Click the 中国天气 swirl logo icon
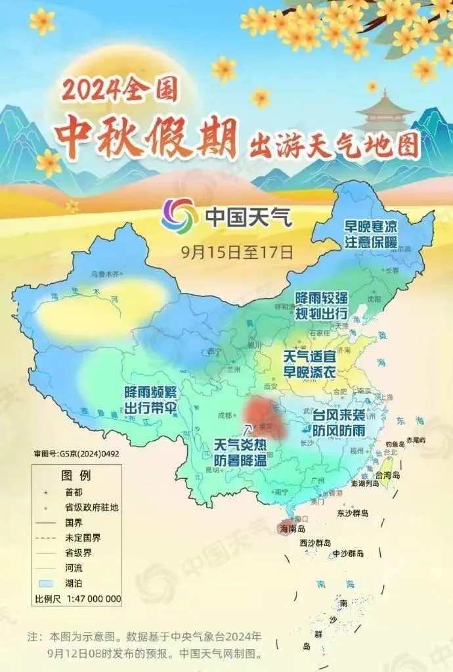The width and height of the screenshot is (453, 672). (x=179, y=215)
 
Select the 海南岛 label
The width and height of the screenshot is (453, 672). (x=293, y=528)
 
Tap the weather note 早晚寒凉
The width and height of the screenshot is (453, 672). (x=372, y=227)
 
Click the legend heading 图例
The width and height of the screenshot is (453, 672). (x=76, y=475)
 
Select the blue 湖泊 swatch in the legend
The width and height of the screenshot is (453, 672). (x=45, y=583)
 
